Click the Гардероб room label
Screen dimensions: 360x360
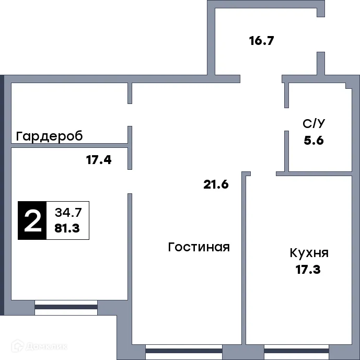[50, 136]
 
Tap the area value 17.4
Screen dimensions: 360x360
[99, 160]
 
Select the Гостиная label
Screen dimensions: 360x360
[199, 247]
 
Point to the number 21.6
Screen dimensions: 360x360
[216, 184]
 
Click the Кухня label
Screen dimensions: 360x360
[309, 253]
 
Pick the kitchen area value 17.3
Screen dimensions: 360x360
[308, 270]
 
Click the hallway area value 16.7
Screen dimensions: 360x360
[262, 40]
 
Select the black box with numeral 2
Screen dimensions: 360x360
[32, 220]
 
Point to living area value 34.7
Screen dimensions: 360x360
[67, 213]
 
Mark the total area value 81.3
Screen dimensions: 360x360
[67, 228]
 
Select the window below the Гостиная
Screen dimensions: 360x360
[184, 351]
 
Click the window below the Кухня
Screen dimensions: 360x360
[293, 351]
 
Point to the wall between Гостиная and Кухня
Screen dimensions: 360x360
[244, 261]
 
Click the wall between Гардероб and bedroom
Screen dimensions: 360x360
[70, 145]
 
